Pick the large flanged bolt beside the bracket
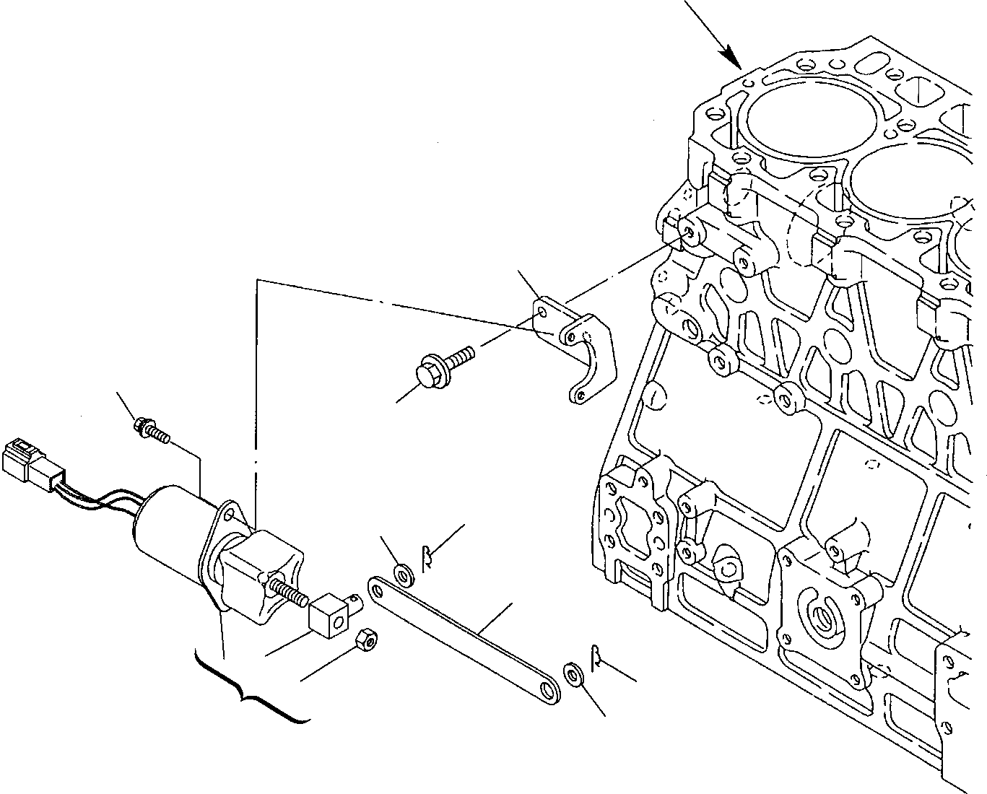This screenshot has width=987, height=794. click(x=440, y=365)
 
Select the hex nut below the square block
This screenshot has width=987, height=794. click(x=369, y=638)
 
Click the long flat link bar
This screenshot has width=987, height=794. click(x=462, y=635)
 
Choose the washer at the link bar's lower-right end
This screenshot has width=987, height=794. click(x=573, y=675)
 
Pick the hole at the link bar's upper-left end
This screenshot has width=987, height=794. click(x=376, y=588)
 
